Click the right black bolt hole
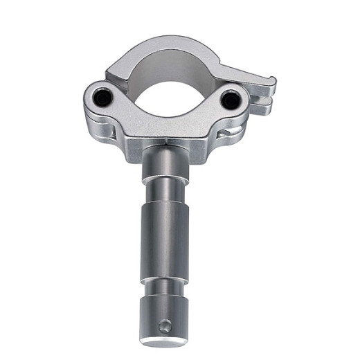(230, 100)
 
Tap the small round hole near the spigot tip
(165, 326)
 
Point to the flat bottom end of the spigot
(163, 343)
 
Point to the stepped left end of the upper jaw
(114, 69)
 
